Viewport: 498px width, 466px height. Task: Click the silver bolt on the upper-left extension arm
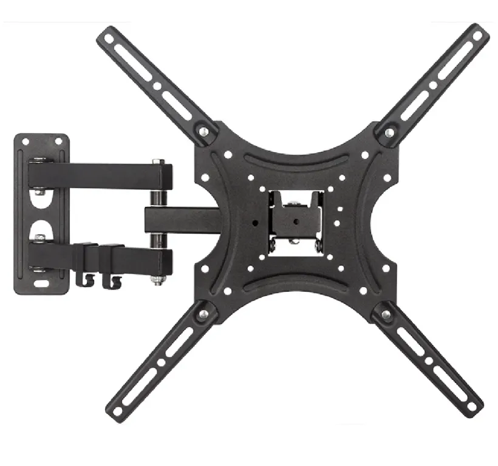pos(204,131)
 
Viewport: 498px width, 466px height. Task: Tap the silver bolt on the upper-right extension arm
pos(389,132)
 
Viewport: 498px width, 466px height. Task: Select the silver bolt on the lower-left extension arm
pos(203,314)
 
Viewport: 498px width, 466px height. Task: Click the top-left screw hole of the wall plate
pos(26,141)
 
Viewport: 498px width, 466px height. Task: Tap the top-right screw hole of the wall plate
pos(59,141)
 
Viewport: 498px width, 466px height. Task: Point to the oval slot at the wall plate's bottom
pos(43,283)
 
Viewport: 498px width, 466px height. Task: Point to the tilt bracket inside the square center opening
pos(295,219)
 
